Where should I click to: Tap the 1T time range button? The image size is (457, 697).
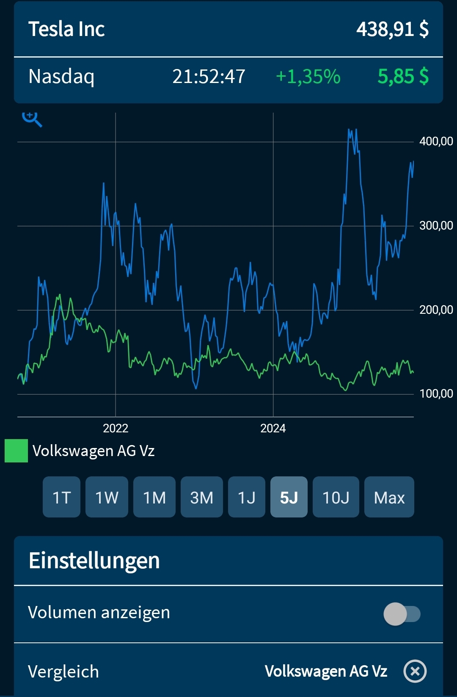tap(61, 497)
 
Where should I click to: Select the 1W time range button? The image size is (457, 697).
tap(107, 497)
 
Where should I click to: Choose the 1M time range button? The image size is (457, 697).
tap(154, 497)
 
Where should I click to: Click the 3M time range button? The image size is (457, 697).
tap(202, 497)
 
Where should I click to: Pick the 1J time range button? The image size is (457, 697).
tap(247, 497)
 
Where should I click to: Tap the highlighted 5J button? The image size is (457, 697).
tap(289, 497)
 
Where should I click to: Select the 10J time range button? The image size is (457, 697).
tap(336, 497)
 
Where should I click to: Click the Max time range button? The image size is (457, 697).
tap(389, 497)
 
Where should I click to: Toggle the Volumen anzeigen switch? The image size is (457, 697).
tap(402, 614)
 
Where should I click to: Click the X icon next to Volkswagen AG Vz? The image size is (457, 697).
tap(415, 671)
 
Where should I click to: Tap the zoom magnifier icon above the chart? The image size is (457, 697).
tap(32, 119)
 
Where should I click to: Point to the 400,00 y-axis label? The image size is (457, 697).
tap(436, 141)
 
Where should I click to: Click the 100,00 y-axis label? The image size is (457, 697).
tap(436, 394)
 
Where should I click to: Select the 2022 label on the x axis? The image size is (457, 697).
tap(116, 429)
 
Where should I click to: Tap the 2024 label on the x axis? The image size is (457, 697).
tap(273, 429)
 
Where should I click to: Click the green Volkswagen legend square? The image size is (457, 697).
tap(16, 451)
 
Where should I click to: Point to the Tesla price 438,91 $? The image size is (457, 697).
tap(392, 29)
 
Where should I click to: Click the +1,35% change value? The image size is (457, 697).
tap(308, 77)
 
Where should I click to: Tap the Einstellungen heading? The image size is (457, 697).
tap(94, 561)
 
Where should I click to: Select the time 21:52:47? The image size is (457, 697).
tap(209, 77)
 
